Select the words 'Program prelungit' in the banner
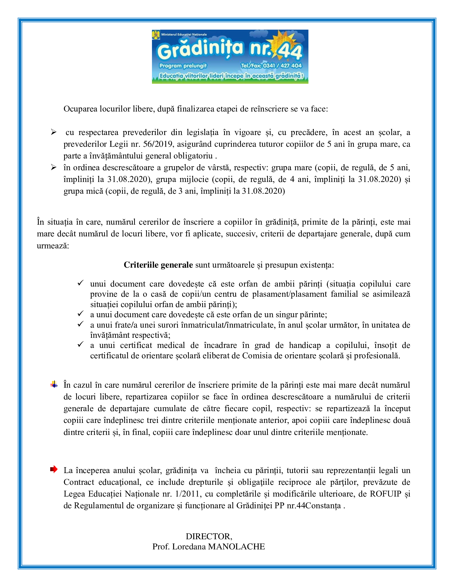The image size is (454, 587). pos(183,66)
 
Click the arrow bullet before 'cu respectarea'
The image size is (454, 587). pos(54,132)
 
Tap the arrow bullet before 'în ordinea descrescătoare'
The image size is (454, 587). pos(54,168)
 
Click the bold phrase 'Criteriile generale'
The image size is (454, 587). pos(158,265)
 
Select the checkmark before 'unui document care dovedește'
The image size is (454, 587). pos(80,283)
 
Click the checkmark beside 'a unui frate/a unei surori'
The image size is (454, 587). pos(80,324)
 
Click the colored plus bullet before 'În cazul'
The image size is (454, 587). pos(54,384)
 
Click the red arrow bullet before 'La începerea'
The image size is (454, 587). pos(54,469)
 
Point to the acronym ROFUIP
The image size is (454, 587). pos(385,494)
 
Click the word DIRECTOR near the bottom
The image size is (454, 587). pos(209,537)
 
